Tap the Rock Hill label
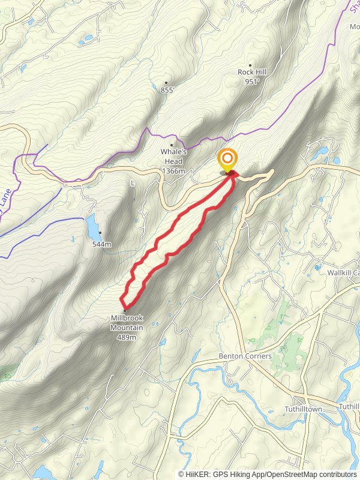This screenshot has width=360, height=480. pos(252,72)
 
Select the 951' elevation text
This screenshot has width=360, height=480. pos(252,82)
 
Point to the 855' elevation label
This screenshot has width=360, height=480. pos(167,90)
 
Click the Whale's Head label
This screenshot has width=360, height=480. pos(173,157)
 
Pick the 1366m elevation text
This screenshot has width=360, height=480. pos(173,172)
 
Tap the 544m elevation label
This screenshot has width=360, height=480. pos(102,244)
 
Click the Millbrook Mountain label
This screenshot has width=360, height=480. pos(127,323)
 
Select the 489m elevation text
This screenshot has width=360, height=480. pos(127,337)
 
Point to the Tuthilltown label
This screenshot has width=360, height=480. pos(304,409)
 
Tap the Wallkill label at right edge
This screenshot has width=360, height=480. pos(343,272)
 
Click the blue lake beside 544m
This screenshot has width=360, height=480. pos(92,226)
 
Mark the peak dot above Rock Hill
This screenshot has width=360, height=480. pos(250,65)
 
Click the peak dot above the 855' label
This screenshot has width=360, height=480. pos(166,83)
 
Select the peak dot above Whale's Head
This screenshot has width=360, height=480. pos(172,145)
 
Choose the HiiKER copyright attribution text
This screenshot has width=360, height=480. pos(268,474)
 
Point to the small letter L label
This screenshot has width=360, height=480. pos(133,183)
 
